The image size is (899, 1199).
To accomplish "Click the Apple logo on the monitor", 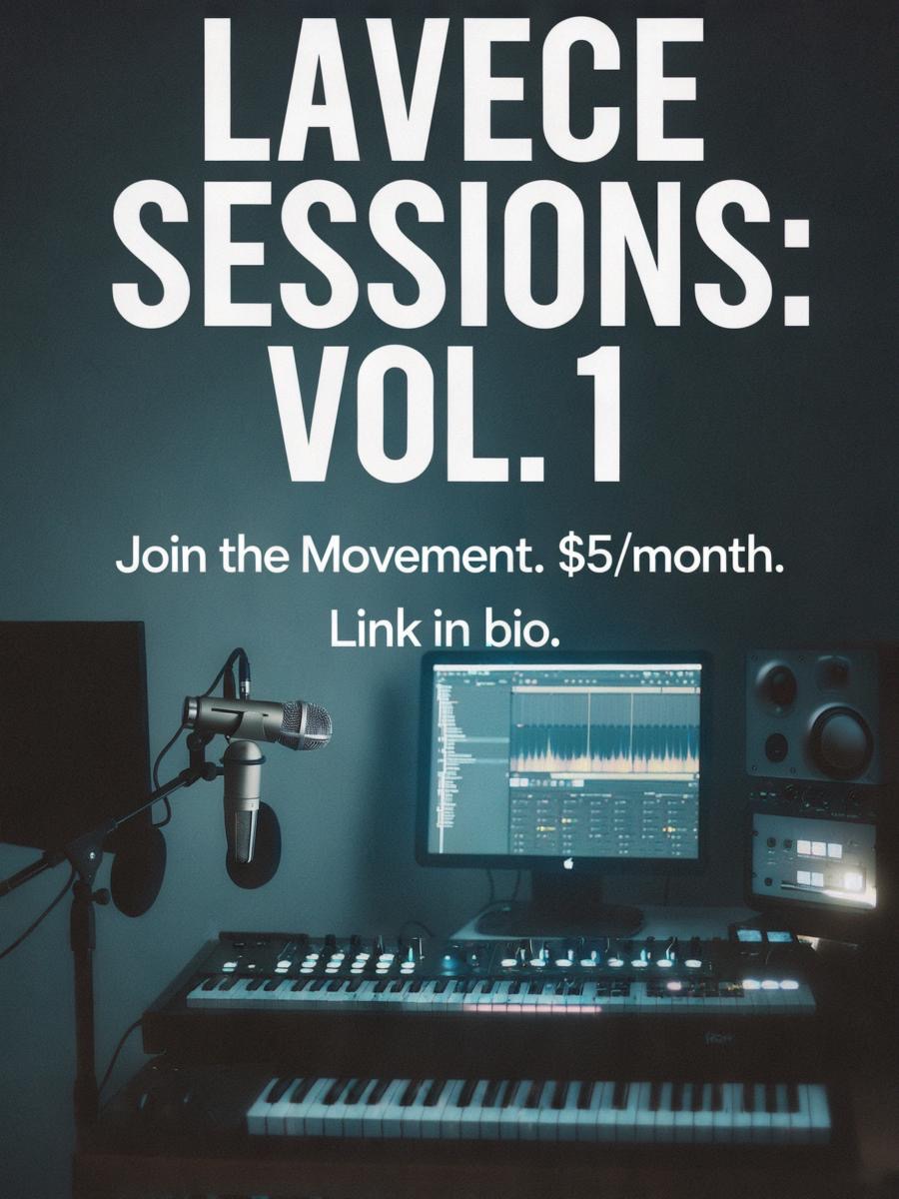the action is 568,863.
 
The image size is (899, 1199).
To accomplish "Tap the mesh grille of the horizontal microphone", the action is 307,725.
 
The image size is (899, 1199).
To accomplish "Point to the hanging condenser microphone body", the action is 247,803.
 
